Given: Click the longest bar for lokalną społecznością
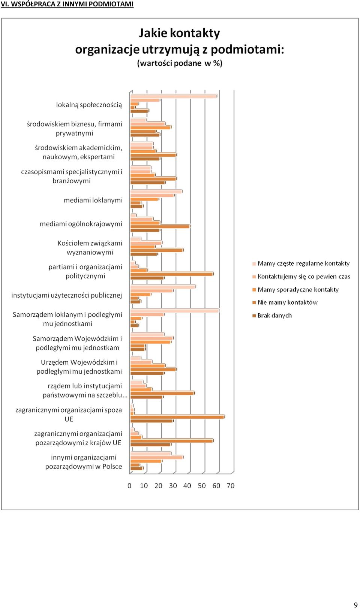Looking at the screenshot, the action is (174, 96).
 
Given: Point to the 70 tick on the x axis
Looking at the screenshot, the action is (231, 486).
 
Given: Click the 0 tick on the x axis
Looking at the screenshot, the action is (129, 486).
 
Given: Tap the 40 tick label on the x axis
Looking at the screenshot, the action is (187, 486).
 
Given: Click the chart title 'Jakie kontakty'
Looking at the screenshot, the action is (179, 33).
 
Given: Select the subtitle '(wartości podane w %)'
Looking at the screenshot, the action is (180, 63).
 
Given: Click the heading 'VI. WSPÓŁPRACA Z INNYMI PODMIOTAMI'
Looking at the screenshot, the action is (67, 4).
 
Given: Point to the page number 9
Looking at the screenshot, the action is (355, 605).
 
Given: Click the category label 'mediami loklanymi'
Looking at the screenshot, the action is (93, 200).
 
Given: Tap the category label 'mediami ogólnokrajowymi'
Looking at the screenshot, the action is (81, 224).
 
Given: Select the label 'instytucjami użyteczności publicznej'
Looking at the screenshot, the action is (67, 295).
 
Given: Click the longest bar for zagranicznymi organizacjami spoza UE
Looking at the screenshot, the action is (177, 417).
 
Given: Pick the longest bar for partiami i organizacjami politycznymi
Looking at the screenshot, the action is (172, 274).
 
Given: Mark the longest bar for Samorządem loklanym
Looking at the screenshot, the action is (174, 311).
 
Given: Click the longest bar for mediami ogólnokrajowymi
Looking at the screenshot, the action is (160, 226).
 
